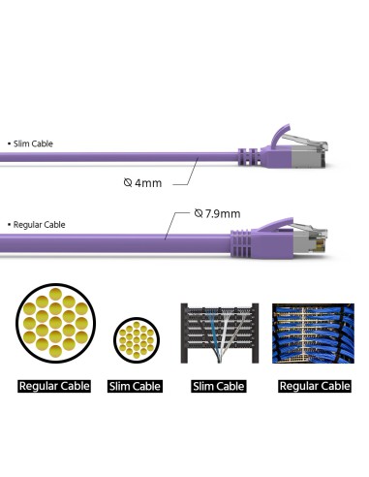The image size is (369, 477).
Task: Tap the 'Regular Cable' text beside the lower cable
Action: click(x=39, y=225)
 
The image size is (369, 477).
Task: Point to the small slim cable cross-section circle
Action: click(x=136, y=341)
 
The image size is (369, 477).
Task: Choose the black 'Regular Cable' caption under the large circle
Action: click(x=54, y=386)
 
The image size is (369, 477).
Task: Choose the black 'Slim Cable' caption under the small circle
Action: click(x=136, y=386)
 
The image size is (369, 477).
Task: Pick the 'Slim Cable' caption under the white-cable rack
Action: click(x=217, y=386)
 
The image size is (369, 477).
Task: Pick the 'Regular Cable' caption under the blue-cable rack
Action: click(x=313, y=386)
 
